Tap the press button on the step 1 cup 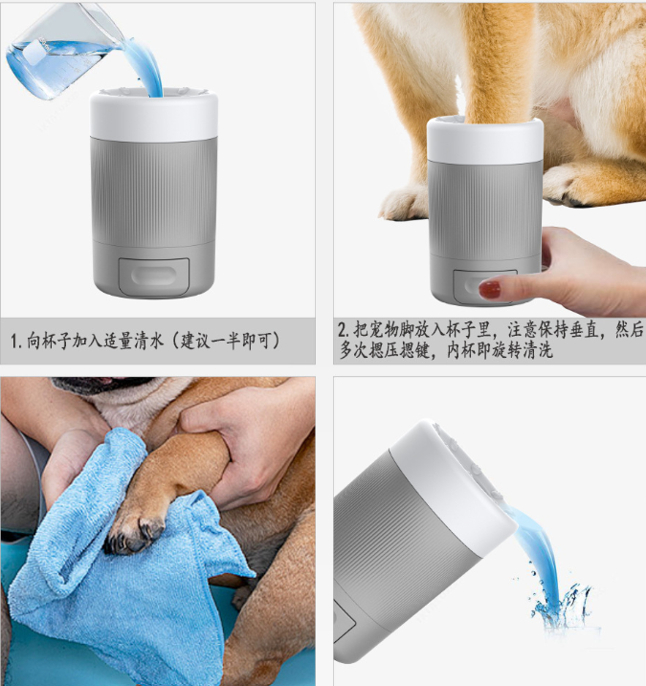[x=154, y=277]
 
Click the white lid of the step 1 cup [x=154, y=115]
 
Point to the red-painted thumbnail [x=490, y=289]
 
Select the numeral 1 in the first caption [x=14, y=342]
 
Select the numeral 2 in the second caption [x=343, y=329]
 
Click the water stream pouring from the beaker [x=145, y=66]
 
